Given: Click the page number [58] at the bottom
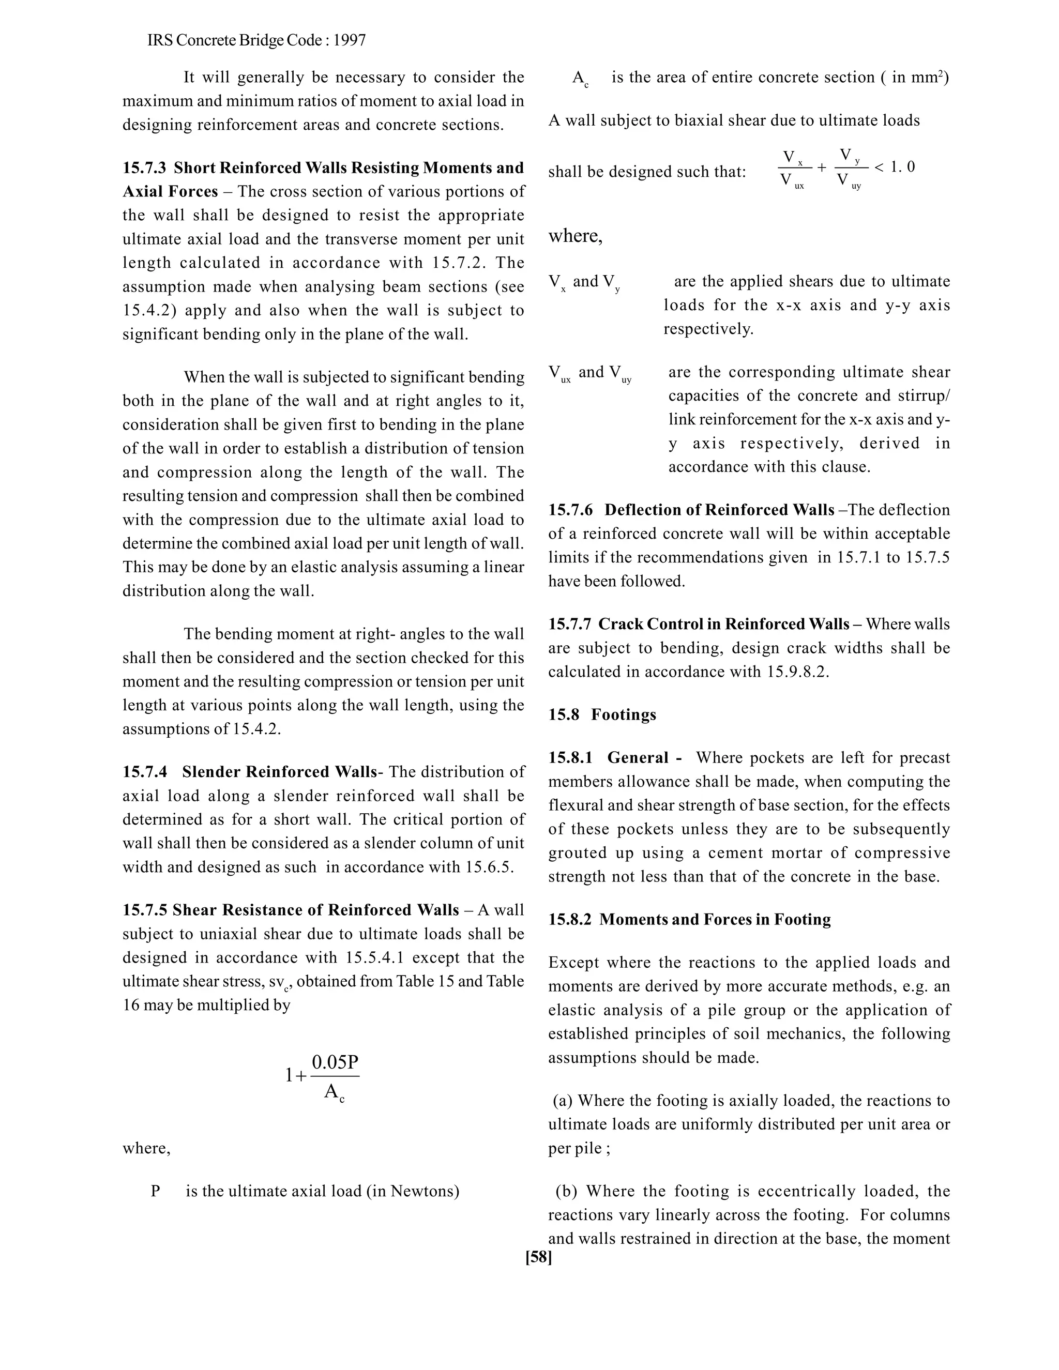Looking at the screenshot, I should pos(538,1257).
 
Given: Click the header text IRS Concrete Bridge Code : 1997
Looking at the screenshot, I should pos(256,41).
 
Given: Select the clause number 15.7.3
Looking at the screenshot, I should pos(144,168).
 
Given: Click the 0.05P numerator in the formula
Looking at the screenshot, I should pos(335,1062).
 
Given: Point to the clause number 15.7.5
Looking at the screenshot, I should pos(144,910).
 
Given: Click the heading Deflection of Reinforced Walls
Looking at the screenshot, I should pos(719,510).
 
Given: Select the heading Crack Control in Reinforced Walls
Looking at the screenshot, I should pos(723,624).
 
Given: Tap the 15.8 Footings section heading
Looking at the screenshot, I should pos(602,715).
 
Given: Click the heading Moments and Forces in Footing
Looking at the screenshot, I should pos(715,920).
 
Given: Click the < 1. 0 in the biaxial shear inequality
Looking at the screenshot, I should pos(894,167).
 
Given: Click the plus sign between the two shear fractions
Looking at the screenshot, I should pos(822,168).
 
